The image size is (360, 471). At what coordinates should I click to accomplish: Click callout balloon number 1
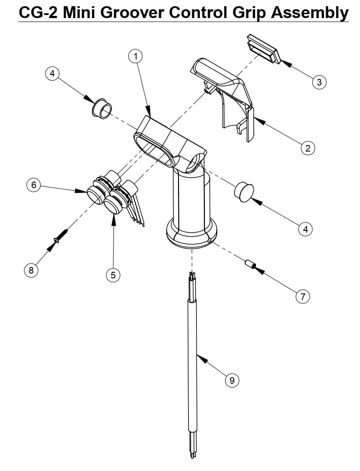[136, 56]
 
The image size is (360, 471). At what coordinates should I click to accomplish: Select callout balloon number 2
[308, 148]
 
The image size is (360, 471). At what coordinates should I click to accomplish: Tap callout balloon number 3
[319, 82]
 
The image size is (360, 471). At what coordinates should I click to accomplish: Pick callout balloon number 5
[113, 275]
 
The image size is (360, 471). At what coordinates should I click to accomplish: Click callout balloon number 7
[303, 297]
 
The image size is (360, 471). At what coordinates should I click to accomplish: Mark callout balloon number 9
[232, 379]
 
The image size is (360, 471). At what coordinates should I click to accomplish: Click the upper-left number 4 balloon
[52, 74]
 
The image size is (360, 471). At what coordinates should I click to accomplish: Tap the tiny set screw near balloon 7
[250, 265]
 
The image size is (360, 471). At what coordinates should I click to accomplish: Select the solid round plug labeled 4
[244, 192]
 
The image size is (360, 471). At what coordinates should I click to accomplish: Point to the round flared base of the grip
[192, 236]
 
